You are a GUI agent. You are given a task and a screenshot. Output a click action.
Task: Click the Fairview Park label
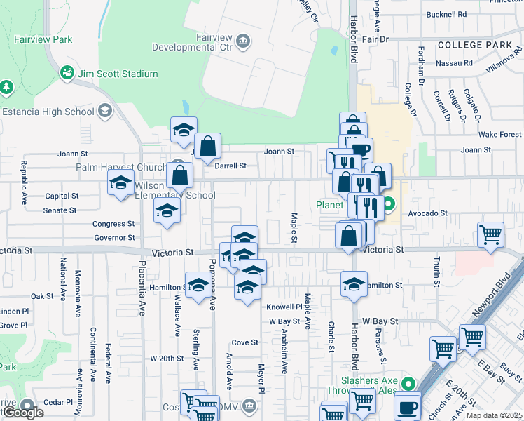43,40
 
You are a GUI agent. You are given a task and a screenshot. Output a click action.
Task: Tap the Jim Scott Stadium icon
68,73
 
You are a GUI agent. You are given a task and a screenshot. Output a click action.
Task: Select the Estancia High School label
48,112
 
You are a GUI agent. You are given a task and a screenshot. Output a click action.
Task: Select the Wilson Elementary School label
174,190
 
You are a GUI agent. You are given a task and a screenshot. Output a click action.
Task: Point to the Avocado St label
427,213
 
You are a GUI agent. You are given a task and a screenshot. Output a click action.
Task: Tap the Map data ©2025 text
493,415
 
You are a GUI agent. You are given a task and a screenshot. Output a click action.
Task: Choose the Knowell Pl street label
284,307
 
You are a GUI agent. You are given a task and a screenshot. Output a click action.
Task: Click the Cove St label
245,342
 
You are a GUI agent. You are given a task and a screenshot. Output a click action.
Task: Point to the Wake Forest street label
500,134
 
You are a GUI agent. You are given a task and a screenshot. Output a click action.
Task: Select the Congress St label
114,224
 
